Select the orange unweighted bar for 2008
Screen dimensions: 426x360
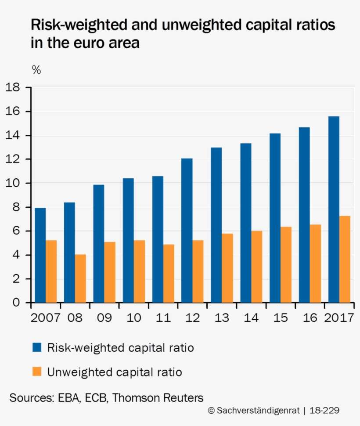(x=80, y=278)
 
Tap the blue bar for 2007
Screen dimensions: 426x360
(x=40, y=255)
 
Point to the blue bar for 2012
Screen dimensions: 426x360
(x=187, y=231)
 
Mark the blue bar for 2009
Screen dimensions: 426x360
(x=99, y=244)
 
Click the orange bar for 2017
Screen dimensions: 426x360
(x=345, y=259)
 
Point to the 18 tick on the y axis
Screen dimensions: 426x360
(x=13, y=87)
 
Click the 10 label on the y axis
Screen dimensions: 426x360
(x=13, y=183)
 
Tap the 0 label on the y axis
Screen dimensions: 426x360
(x=16, y=303)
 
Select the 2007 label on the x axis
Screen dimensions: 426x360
(x=45, y=318)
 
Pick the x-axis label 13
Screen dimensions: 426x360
(x=221, y=318)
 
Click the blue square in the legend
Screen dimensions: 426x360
(x=37, y=348)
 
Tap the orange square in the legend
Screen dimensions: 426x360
(x=37, y=372)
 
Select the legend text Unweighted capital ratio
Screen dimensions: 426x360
(x=115, y=372)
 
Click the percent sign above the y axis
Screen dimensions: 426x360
(x=36, y=70)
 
